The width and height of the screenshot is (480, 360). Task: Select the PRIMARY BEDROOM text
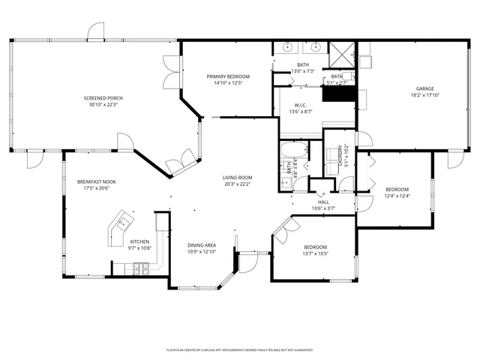(228, 76)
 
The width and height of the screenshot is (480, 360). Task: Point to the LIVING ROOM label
(237, 177)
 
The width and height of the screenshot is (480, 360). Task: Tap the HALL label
(323, 202)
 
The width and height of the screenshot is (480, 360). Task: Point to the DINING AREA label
(202, 245)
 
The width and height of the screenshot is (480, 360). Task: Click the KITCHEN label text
(139, 241)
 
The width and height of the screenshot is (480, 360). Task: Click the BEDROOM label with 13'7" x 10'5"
(316, 247)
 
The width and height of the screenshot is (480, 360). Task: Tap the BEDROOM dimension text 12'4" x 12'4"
(397, 196)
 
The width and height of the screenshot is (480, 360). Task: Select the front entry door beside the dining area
(247, 263)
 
